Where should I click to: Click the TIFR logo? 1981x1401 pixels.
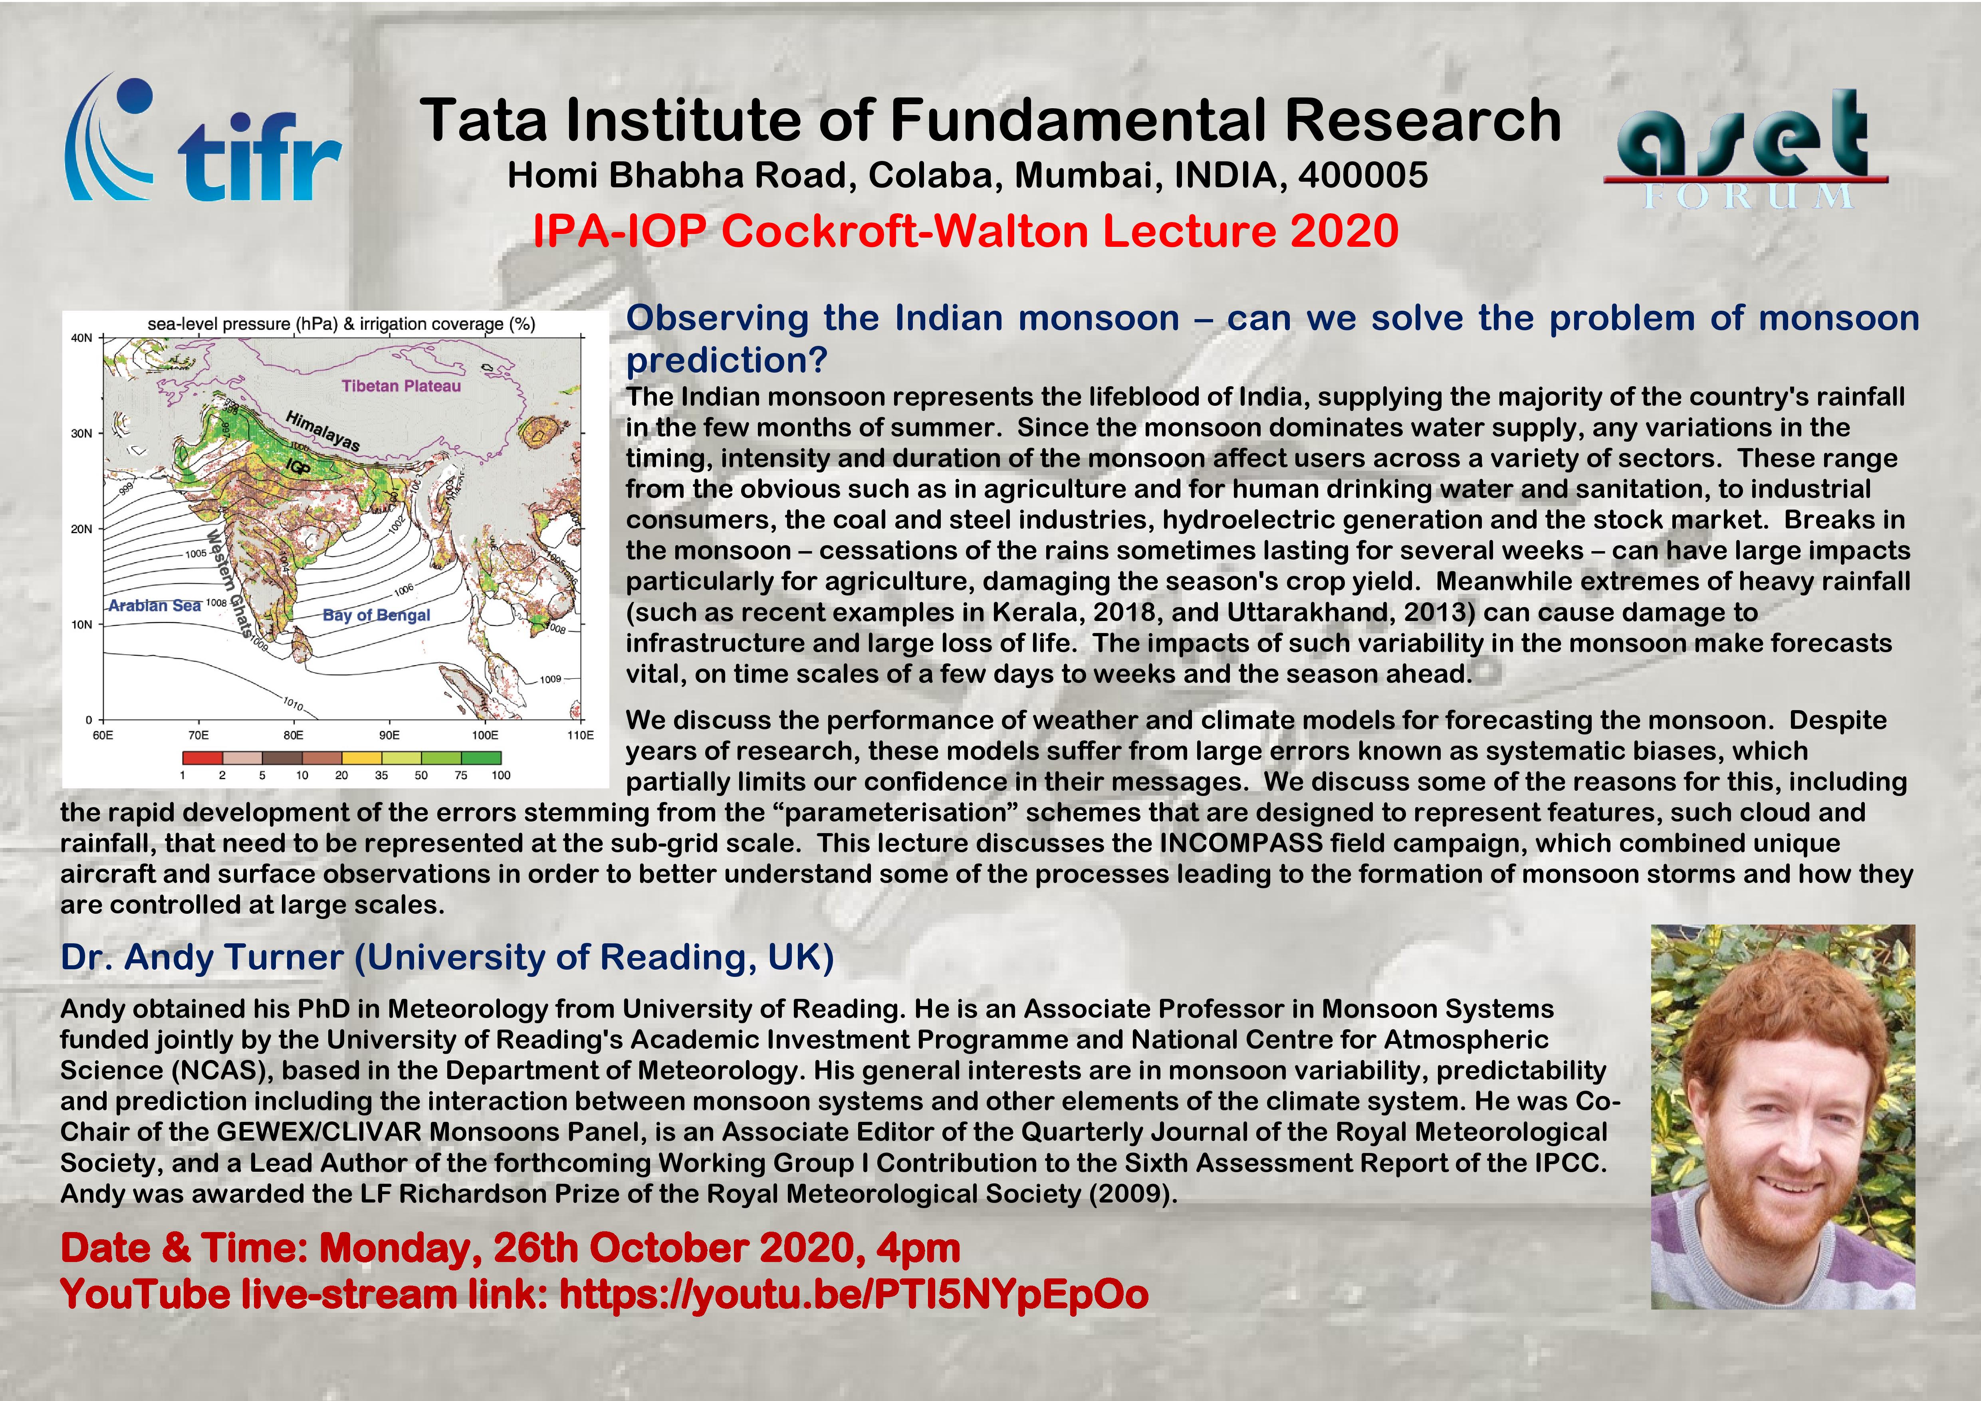(x=204, y=138)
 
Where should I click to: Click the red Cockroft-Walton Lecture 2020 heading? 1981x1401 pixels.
(x=966, y=231)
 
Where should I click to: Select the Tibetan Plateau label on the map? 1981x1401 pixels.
(x=401, y=386)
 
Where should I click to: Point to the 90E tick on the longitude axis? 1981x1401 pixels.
(x=389, y=735)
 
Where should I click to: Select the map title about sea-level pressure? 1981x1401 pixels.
(x=342, y=324)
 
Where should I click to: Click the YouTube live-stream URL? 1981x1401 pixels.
(x=854, y=1294)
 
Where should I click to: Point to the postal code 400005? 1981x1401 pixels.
(x=1363, y=175)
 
